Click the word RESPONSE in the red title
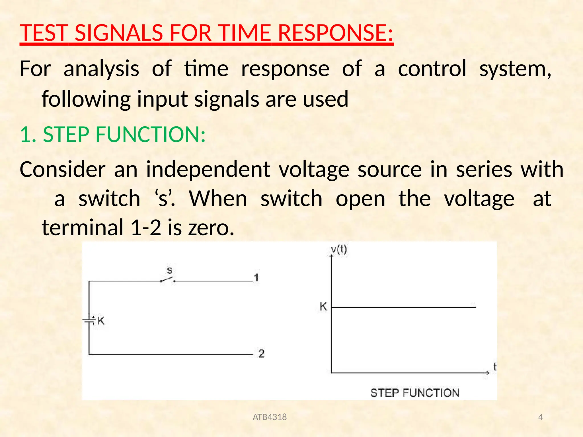[335, 33]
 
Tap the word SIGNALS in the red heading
[119, 33]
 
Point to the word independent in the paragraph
[208, 170]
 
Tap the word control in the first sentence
[432, 69]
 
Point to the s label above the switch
[170, 270]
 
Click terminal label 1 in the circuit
[256, 277]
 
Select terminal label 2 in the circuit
[261, 354]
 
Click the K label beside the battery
[101, 321]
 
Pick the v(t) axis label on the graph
[339, 250]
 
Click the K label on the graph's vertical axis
[323, 307]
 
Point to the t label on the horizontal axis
[495, 367]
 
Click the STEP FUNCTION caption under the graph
[415, 393]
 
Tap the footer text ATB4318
[270, 417]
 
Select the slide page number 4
[541, 417]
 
